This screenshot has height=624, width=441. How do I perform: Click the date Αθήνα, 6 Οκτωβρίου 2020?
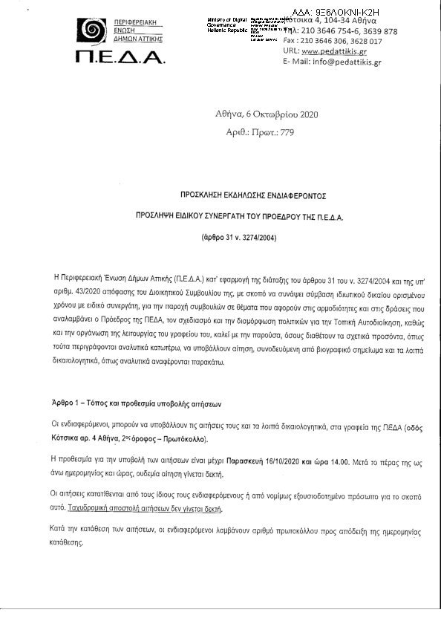267,114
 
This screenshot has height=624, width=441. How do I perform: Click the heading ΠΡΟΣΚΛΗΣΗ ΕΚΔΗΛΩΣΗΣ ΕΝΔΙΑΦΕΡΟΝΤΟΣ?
252,195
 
